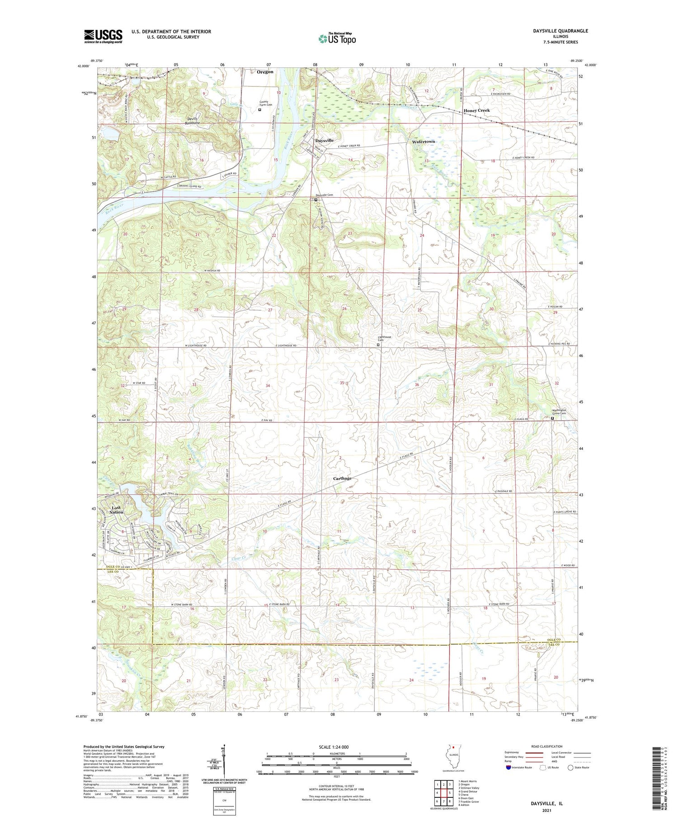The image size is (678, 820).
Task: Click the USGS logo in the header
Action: point(103,36)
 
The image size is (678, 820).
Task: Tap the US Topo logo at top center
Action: point(337,39)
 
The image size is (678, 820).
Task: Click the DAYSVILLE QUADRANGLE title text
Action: point(560,31)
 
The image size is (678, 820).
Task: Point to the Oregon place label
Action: point(265,72)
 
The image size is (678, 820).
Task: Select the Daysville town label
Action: point(324,141)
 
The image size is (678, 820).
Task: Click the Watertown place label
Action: point(423,142)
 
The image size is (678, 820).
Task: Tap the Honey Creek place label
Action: point(476,110)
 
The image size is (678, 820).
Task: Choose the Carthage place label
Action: point(342,479)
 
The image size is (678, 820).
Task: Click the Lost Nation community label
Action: point(117,510)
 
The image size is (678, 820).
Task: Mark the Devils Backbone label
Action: point(193,121)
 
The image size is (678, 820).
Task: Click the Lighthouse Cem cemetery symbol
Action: point(378,345)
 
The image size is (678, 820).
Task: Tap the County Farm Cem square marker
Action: point(259,109)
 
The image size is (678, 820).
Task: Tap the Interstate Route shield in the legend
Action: point(509,768)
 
